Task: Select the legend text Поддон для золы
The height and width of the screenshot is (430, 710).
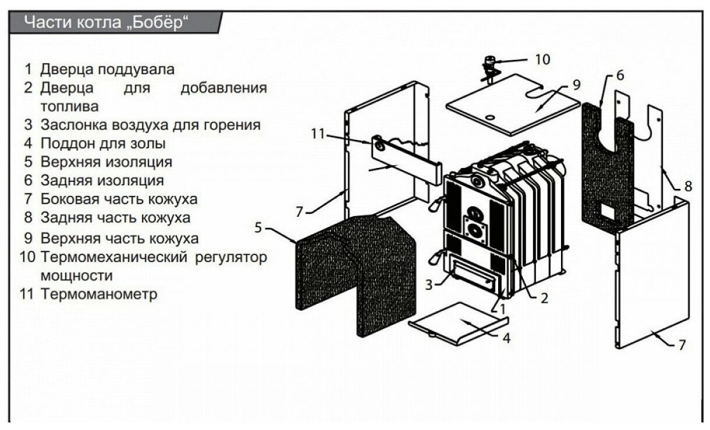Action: click(x=103, y=143)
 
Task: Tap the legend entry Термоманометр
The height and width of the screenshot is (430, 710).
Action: click(x=99, y=294)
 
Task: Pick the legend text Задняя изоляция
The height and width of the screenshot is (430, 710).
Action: click(x=102, y=180)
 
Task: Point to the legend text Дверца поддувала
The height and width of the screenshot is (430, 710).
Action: click(x=107, y=69)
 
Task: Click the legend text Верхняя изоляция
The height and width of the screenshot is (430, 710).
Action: click(x=106, y=162)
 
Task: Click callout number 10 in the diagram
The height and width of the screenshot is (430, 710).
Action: click(x=542, y=59)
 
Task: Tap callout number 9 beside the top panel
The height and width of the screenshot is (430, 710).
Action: click(x=576, y=85)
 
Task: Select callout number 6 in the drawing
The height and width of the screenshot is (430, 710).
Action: click(x=619, y=76)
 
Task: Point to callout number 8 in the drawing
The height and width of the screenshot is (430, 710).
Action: click(x=688, y=187)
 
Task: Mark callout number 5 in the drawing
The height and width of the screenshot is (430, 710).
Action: click(x=258, y=227)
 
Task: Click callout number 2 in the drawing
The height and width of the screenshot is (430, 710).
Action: click(x=544, y=299)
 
